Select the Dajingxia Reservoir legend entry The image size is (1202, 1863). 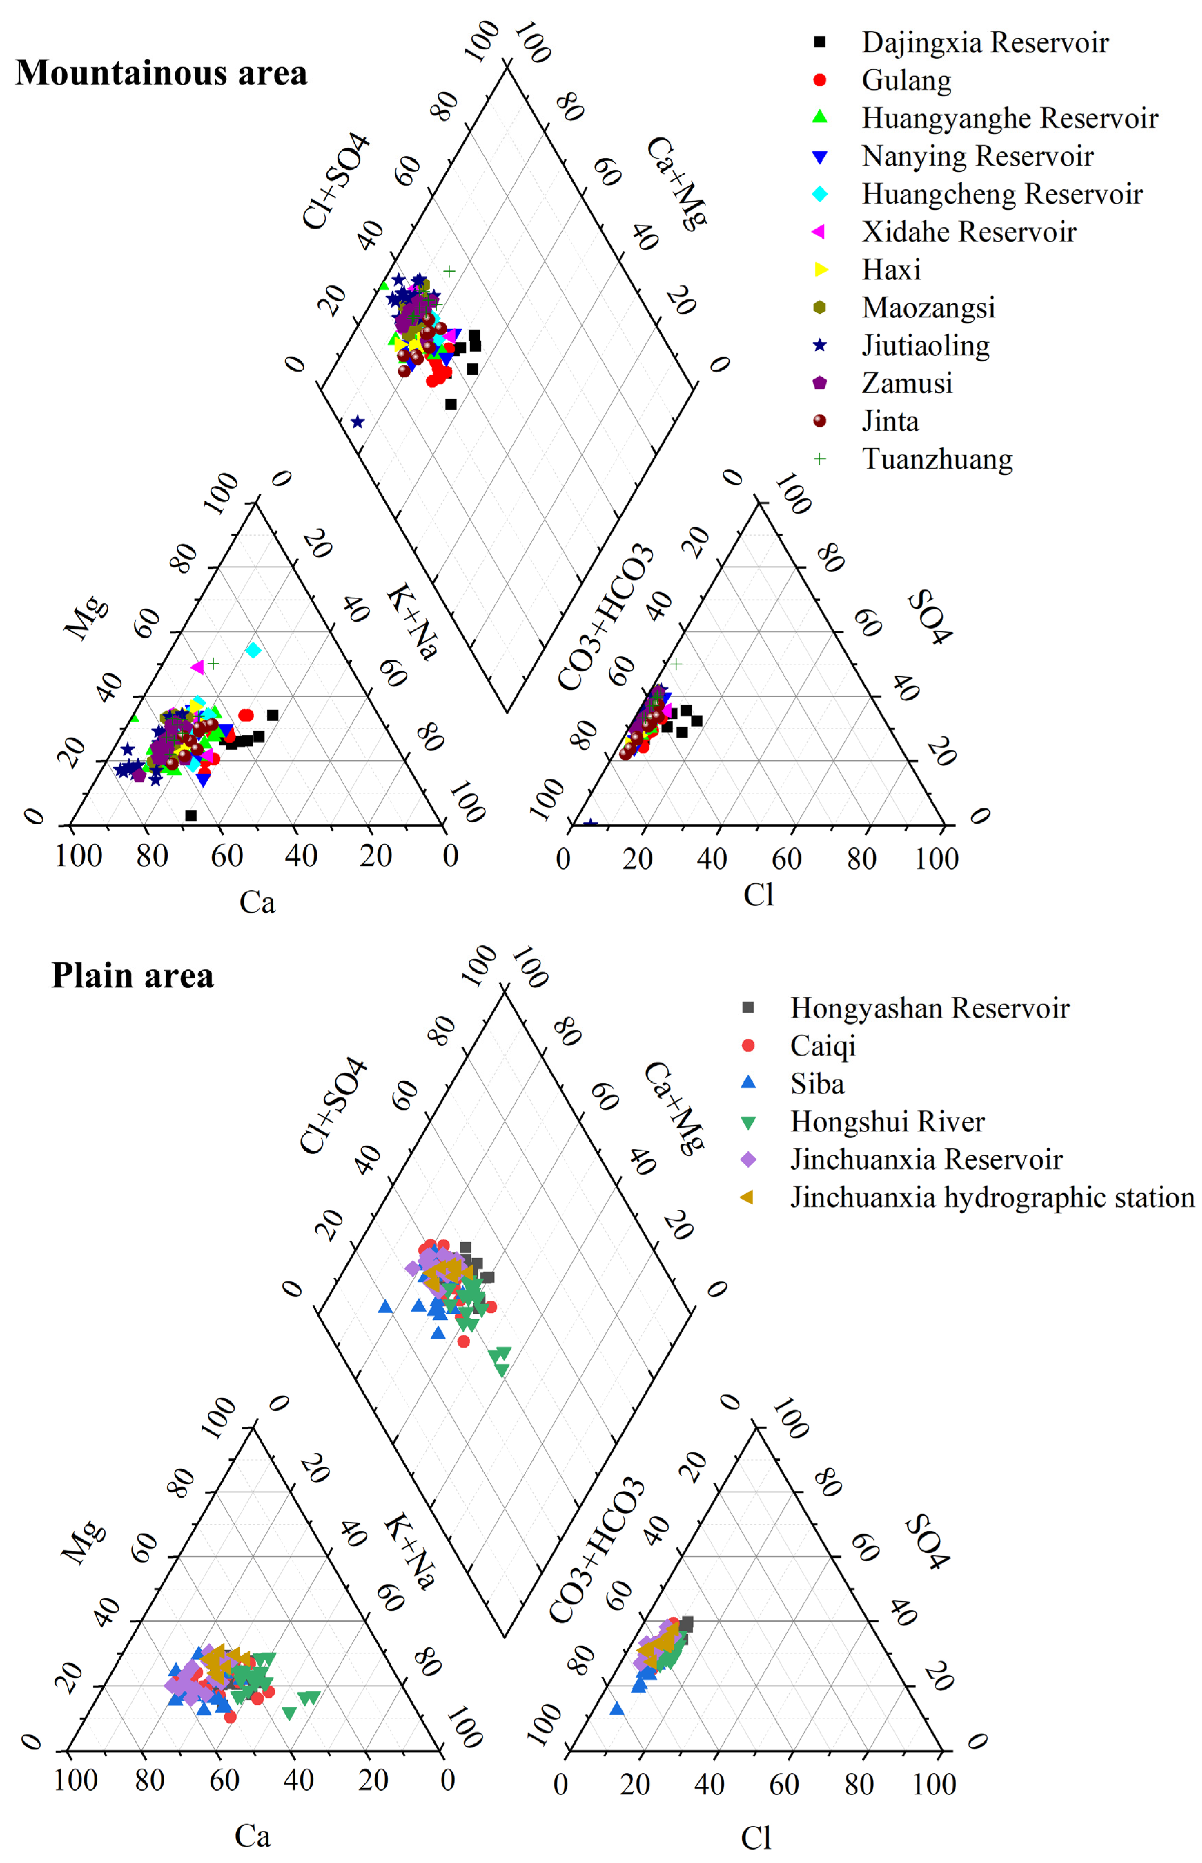tap(985, 42)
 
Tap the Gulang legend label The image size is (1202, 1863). tap(906, 80)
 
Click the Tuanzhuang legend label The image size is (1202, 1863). tap(937, 459)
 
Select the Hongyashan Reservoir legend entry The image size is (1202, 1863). tap(929, 1008)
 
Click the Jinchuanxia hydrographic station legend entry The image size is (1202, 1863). tap(991, 1197)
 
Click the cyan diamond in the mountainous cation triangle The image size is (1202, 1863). tap(253, 649)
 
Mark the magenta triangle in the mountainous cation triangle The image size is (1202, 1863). tap(197, 667)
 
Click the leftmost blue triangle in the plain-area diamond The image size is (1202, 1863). tap(385, 1307)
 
